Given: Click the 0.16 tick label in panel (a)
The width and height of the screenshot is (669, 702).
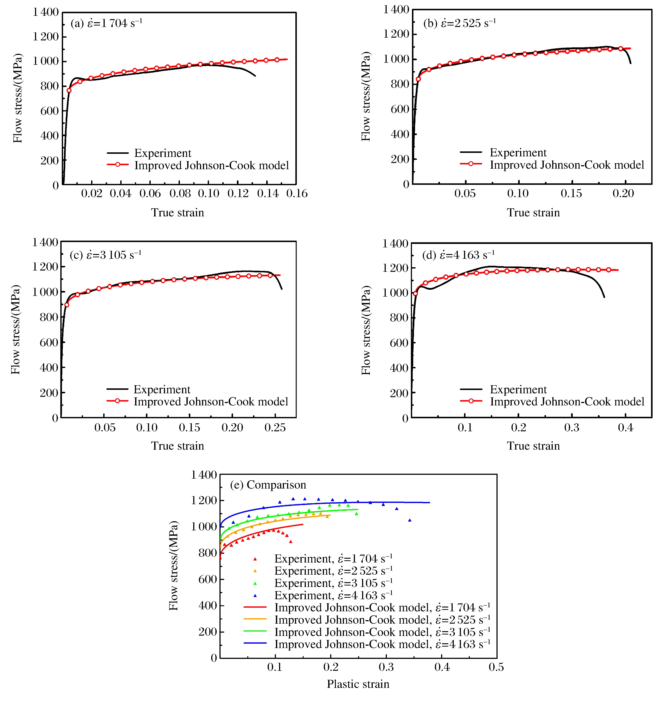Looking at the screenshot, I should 297,194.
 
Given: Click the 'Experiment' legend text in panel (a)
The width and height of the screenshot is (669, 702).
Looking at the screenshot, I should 163,153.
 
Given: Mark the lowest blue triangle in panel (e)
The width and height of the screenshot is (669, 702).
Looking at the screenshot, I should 410,520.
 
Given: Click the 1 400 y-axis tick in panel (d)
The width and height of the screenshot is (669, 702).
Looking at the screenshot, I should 395,244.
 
